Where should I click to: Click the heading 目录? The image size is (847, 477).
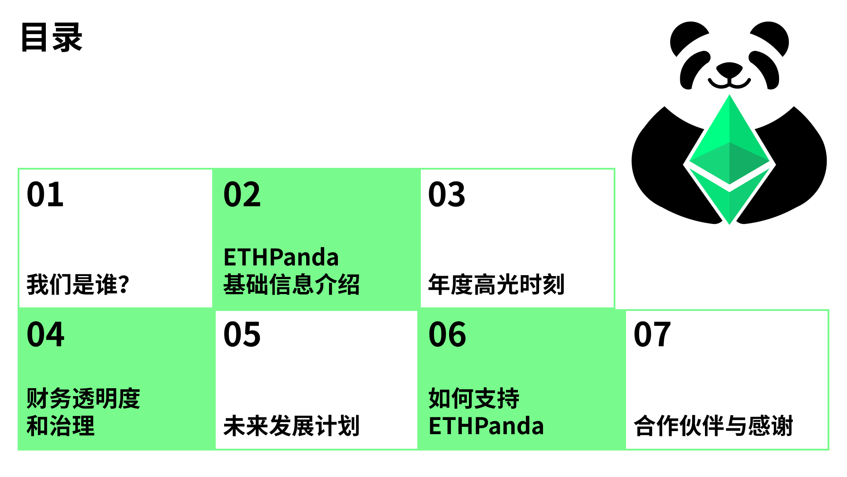[52, 38]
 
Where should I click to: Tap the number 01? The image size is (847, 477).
[45, 194]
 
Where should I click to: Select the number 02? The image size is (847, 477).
[242, 194]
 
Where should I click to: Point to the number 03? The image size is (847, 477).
[447, 194]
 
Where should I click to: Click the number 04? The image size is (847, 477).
[45, 334]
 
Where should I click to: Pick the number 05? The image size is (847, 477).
[242, 334]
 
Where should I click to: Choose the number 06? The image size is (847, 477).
[447, 334]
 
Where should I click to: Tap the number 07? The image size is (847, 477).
[652, 334]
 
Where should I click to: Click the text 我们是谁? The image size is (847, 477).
[78, 284]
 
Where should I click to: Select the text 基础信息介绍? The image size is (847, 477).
[292, 284]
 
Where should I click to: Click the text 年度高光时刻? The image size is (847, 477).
[496, 284]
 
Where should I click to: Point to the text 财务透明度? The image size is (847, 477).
[83, 398]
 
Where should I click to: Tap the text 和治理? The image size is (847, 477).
[60, 426]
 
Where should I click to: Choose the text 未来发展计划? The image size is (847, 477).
[292, 426]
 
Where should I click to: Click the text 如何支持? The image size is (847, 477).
[474, 398]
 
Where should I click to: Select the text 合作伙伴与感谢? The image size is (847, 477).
[713, 426]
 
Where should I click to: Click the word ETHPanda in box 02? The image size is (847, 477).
[281, 257]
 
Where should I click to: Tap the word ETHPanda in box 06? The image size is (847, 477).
[486, 426]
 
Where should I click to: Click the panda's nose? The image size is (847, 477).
[729, 69]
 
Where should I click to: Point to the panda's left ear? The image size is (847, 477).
[688, 38]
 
